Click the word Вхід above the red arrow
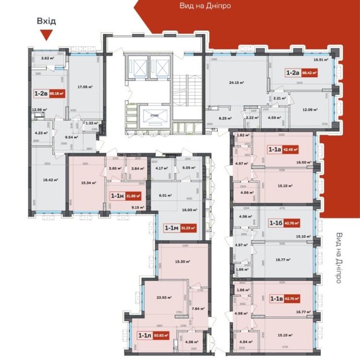(x=46, y=21)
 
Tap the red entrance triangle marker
(x=46, y=35)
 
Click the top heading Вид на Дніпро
(x=205, y=6)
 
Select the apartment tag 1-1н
(x=126, y=196)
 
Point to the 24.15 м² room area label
(x=237, y=82)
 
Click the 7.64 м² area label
(x=197, y=308)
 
